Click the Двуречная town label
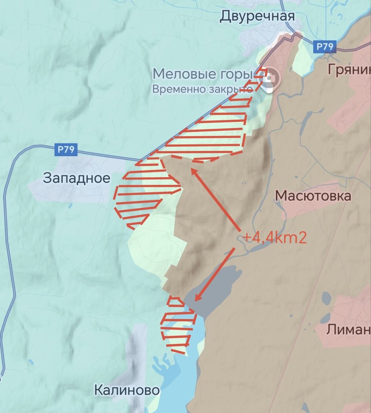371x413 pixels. [257, 16]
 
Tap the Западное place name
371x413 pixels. [77, 178]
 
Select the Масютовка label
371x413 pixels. [313, 196]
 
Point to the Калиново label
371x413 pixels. [127, 390]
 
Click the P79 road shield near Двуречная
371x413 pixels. [325, 47]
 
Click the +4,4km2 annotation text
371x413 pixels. [274, 238]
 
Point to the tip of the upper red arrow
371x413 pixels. [191, 169]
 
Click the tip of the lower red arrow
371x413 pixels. [195, 300]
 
